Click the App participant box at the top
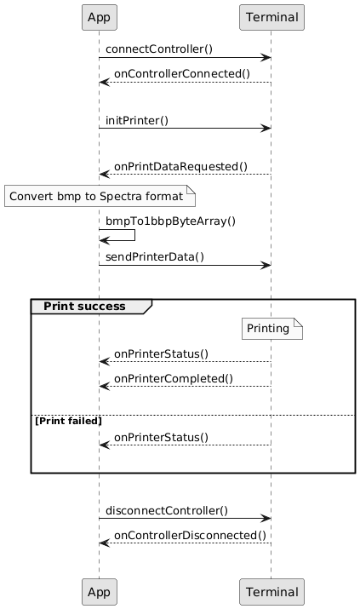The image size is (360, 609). pos(100,18)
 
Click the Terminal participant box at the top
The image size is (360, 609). pos(271,18)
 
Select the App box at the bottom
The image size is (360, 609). pos(100,592)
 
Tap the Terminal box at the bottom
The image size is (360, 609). pos(271,592)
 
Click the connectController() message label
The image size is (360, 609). pos(159,49)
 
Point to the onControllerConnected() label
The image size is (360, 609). pos(182,74)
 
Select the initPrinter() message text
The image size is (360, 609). pos(137,120)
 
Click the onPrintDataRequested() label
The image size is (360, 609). pos(180,167)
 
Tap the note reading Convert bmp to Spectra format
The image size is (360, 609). pos(100,196)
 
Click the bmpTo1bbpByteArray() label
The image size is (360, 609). pos(171,221)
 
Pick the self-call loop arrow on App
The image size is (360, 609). pos(134,235)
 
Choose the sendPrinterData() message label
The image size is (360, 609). pos(155,256)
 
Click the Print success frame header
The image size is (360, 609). pos(91,307)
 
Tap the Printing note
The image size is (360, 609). pos(272,329)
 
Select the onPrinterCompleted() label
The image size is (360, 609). pos(174,379)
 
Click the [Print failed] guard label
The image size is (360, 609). pos(68,421)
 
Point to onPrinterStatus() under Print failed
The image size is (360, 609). pos(161,437)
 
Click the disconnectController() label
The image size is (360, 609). pos(167,511)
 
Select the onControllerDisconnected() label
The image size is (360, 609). pos(190,535)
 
